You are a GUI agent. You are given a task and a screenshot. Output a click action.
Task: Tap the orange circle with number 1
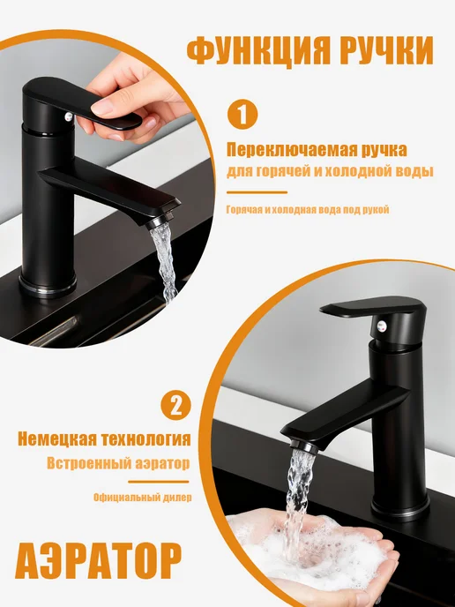(x=242, y=114)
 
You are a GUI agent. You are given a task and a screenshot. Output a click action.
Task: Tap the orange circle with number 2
(x=176, y=405)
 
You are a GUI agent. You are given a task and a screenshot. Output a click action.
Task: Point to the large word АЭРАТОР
(x=98, y=561)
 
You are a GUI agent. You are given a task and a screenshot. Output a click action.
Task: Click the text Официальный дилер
(x=142, y=498)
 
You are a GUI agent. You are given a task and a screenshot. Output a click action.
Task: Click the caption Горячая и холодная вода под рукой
(x=308, y=210)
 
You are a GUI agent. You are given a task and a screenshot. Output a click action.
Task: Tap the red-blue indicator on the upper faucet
(x=69, y=116)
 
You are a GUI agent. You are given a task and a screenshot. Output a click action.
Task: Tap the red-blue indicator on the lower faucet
(x=382, y=326)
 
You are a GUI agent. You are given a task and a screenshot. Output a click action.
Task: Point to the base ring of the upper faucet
(x=48, y=287)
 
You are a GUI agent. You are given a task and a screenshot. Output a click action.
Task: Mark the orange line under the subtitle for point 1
(x=257, y=192)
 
